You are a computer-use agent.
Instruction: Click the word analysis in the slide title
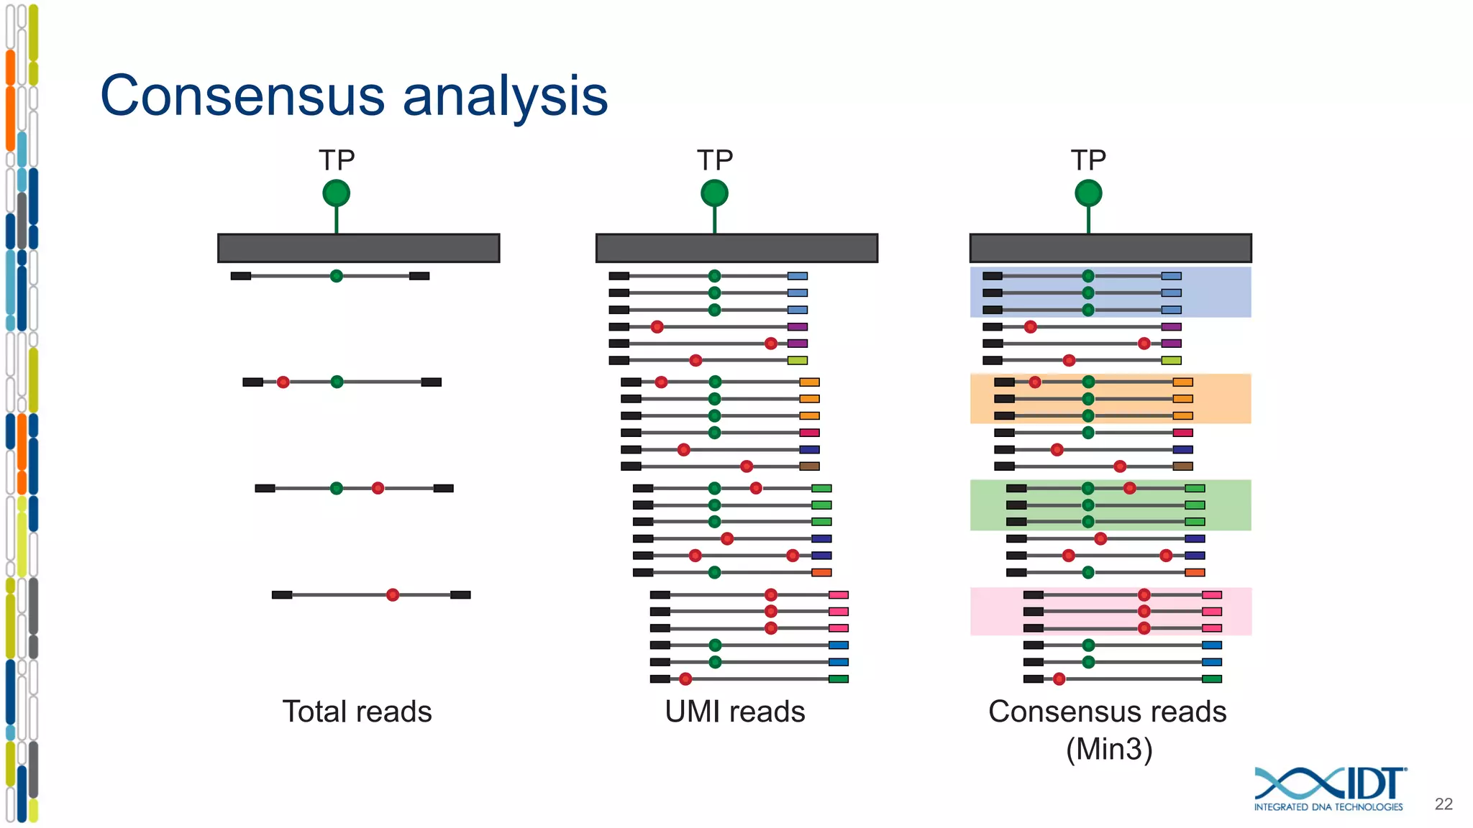click(505, 96)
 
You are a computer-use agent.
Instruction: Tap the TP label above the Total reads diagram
click(337, 160)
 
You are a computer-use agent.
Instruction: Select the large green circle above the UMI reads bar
click(714, 193)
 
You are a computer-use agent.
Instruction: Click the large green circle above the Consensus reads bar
click(1088, 193)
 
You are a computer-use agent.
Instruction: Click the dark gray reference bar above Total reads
click(358, 248)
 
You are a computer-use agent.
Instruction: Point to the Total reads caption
click(357, 712)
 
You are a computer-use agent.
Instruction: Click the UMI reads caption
click(734, 712)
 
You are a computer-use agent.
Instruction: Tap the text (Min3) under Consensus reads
click(1109, 749)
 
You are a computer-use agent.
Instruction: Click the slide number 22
click(1443, 804)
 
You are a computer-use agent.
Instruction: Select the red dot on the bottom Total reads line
click(393, 594)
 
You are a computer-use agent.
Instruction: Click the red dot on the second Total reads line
click(283, 382)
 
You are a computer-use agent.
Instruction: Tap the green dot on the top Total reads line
click(336, 276)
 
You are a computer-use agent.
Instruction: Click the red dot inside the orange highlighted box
click(1034, 382)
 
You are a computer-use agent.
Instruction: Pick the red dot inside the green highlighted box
click(1130, 488)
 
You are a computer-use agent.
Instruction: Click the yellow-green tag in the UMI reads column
click(798, 360)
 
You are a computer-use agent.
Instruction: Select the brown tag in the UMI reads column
click(809, 466)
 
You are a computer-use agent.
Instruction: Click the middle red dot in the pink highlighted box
click(1144, 612)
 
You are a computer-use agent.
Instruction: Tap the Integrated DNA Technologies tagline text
click(1328, 807)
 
